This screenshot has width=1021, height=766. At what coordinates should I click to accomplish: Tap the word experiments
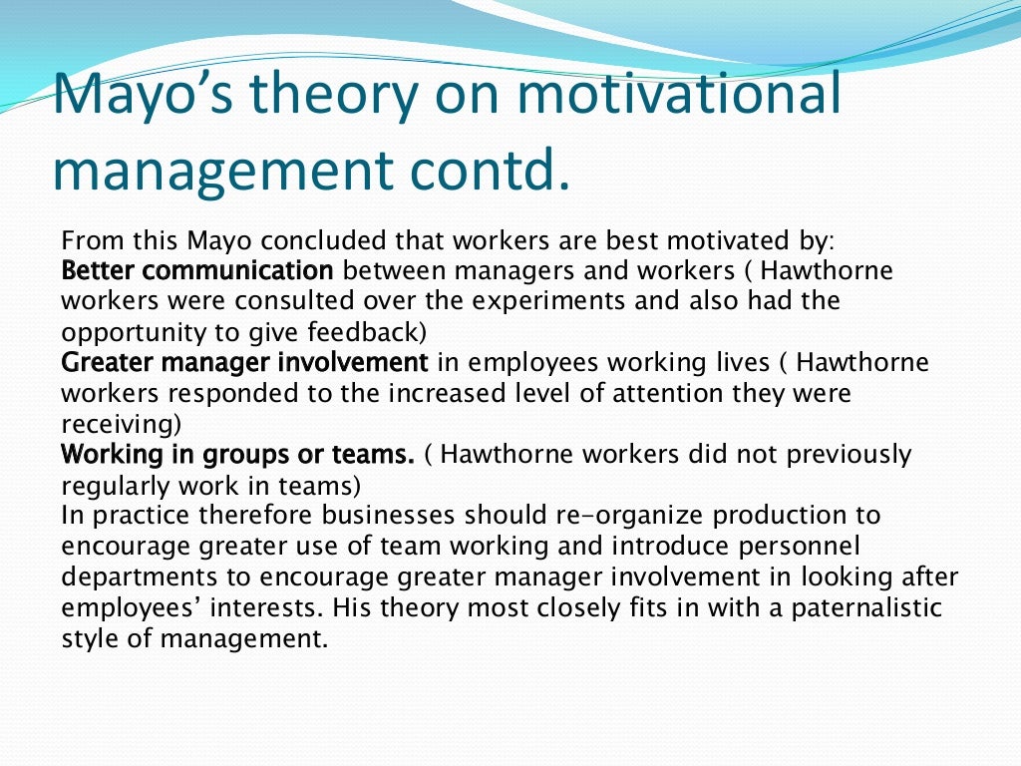pyautogui.click(x=515, y=300)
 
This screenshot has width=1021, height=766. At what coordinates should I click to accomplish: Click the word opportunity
pyautogui.click(x=127, y=331)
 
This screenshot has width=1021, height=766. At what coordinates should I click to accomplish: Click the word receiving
pyautogui.click(x=121, y=424)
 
